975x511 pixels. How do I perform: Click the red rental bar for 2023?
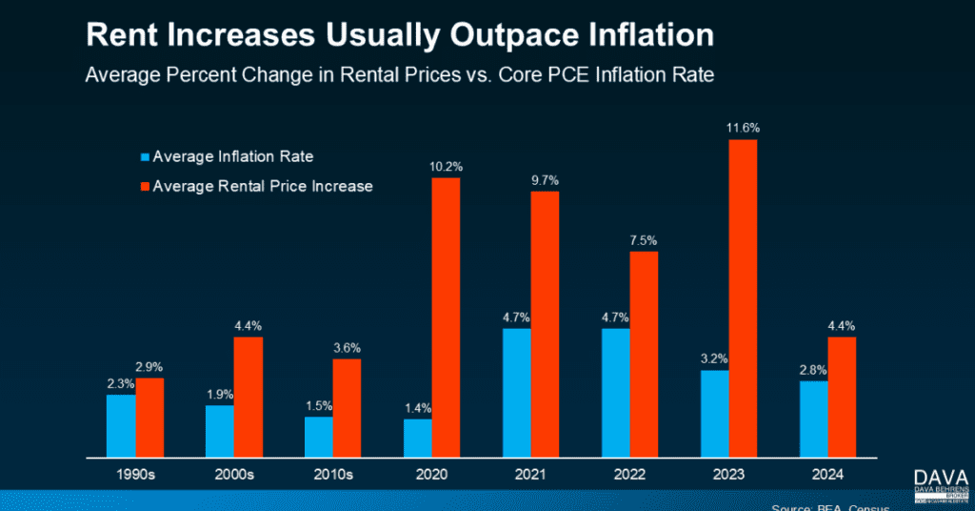(743, 298)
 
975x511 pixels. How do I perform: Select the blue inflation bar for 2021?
(516, 393)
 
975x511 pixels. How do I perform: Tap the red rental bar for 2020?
(446, 317)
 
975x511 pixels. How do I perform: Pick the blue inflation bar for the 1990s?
(120, 425)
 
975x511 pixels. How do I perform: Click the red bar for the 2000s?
(248, 397)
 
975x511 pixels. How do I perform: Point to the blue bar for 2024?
(813, 419)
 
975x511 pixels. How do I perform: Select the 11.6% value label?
(743, 128)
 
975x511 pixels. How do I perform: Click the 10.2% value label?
(446, 166)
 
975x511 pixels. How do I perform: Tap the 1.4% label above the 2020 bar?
(418, 407)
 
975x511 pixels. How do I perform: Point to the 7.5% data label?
(644, 240)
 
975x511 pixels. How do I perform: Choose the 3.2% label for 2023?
(715, 359)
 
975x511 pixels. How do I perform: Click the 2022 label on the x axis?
(630, 474)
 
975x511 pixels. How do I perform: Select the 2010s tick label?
(333, 474)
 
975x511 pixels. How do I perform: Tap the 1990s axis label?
(134, 474)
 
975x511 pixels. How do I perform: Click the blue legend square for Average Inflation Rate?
(145, 156)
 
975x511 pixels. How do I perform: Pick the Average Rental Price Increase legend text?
(263, 186)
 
